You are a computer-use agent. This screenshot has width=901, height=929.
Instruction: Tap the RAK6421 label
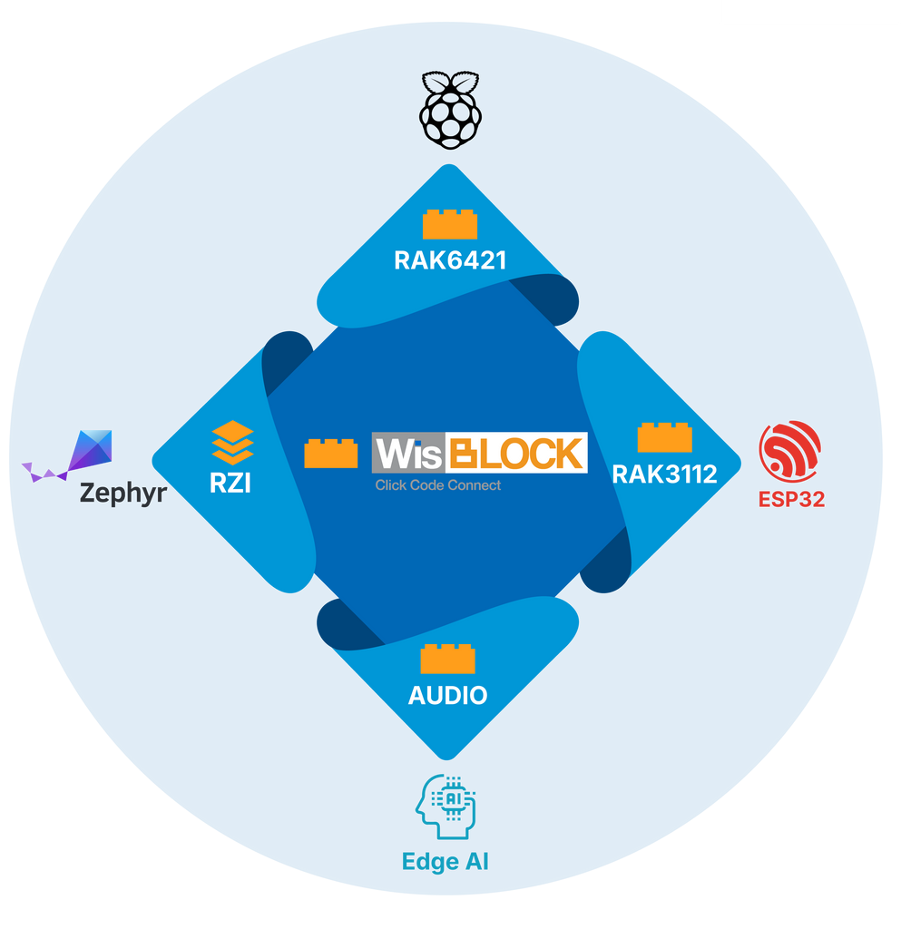[x=449, y=261]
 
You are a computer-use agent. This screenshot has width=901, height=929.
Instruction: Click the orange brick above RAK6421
[x=449, y=224]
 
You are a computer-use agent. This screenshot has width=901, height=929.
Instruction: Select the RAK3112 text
[x=664, y=474]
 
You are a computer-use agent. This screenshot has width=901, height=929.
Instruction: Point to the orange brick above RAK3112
[x=664, y=437]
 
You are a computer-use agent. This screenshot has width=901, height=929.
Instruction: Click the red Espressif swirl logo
[x=790, y=451]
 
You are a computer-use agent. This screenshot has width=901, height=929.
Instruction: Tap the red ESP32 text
[x=791, y=499]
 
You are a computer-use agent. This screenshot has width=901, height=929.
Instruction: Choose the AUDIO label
[x=447, y=696]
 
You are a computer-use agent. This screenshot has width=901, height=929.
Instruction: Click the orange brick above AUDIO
[x=447, y=659]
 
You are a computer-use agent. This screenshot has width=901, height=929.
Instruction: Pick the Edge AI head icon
[x=446, y=806]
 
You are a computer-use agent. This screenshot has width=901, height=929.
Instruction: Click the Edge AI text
[x=445, y=861]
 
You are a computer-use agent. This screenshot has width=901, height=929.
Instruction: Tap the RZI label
[x=230, y=483]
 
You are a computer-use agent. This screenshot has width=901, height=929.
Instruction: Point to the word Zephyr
[x=122, y=494]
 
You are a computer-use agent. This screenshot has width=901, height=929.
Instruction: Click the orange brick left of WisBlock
[x=330, y=453]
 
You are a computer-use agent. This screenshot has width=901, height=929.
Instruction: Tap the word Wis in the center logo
[x=407, y=454]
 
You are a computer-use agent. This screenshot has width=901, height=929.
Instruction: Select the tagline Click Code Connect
[x=438, y=485]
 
